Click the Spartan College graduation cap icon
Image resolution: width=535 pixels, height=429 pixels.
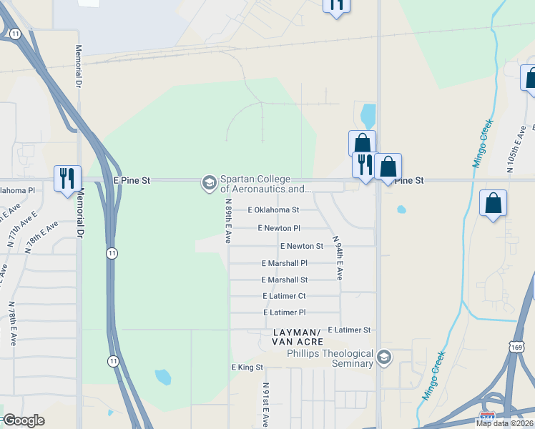pos(210,183)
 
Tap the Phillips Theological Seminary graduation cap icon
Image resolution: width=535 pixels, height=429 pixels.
pos(384,357)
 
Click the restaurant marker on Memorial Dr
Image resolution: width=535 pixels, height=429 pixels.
pos(68,178)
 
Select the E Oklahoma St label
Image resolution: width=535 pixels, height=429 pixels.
pos(273,210)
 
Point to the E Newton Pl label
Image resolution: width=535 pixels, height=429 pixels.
pos(279,228)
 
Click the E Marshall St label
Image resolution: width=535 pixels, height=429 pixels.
pos(284,280)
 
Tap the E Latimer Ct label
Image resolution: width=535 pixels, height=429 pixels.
pos(284,296)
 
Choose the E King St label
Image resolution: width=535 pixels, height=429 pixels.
pos(247,368)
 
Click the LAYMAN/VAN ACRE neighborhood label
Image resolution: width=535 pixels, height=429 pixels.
pos(297,337)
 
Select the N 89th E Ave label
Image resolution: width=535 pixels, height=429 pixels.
pos(228,221)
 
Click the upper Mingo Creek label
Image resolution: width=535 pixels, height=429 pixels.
pos(484,144)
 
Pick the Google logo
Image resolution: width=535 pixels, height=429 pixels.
pos(24,420)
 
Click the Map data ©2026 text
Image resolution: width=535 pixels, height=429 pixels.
pos(505,423)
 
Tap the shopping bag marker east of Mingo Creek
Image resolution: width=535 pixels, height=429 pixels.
pos(494,202)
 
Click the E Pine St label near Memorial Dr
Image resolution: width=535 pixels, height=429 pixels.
pos(132,181)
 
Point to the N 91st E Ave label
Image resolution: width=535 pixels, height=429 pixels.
pos(265,404)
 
